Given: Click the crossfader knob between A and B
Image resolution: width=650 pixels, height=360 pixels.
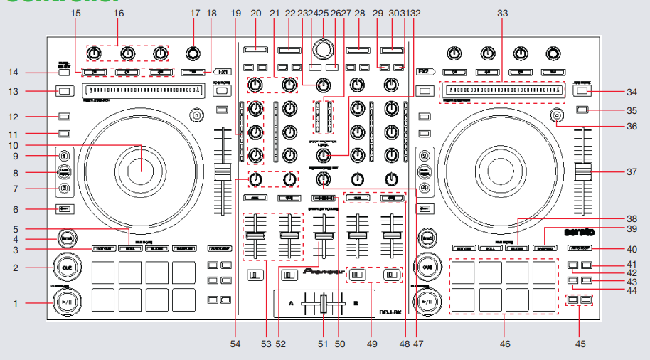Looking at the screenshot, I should (x=324, y=304).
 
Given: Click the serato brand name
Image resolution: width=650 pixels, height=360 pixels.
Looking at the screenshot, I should (x=580, y=233).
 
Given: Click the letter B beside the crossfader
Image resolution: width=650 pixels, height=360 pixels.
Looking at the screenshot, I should (x=356, y=300).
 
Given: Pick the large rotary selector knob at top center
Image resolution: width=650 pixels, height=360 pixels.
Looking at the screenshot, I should (x=324, y=48).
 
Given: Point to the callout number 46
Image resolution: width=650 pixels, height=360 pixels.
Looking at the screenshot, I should (x=506, y=344).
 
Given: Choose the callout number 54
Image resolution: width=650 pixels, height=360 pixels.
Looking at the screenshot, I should (x=236, y=344).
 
